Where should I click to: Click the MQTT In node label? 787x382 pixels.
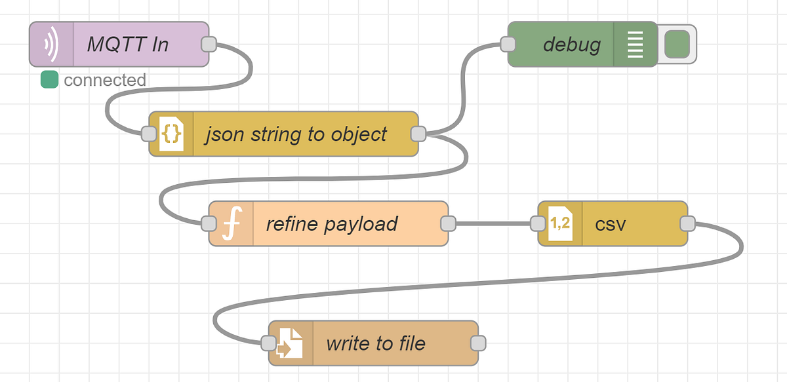tap(128, 45)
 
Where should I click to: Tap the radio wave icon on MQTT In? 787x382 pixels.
tap(51, 45)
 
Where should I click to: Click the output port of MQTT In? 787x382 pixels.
tap(209, 45)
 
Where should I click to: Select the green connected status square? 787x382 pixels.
tap(49, 80)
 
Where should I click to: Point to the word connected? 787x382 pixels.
tap(104, 80)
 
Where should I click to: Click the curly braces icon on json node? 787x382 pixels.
tap(171, 134)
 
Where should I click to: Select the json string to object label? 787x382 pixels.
tap(295, 134)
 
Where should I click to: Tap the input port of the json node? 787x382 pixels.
tap(150, 134)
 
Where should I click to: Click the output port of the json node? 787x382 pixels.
tap(418, 134)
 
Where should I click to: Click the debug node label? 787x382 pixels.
tap(571, 45)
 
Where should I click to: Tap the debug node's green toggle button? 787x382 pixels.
tap(677, 45)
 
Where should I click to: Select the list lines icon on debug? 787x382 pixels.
tap(635, 45)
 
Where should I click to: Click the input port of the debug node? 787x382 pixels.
tap(508, 45)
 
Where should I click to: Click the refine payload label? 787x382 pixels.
tap(331, 223)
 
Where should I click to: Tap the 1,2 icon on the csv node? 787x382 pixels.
tap(559, 223)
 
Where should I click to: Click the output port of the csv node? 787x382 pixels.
tap(687, 223)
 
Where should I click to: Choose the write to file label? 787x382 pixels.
tap(375, 343)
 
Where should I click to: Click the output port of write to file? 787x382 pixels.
tap(478, 343)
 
